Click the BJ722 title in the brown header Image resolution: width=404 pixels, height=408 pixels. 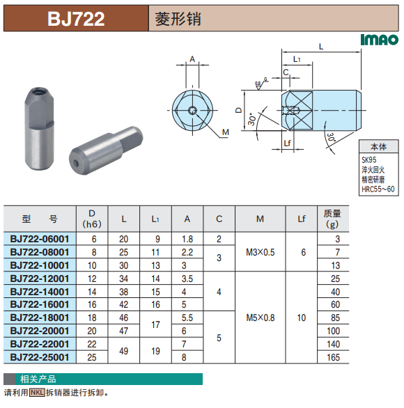click(x=76, y=19)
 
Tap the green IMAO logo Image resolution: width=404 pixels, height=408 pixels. click(x=379, y=40)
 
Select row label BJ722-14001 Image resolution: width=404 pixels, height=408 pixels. click(x=40, y=292)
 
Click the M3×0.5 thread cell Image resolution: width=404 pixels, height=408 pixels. click(x=261, y=252)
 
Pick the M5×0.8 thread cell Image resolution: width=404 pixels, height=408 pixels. click(x=261, y=317)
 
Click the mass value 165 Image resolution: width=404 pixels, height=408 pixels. click(x=334, y=357)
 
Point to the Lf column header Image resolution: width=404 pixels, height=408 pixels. click(x=302, y=219)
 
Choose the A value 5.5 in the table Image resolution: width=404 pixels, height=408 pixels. click(x=187, y=317)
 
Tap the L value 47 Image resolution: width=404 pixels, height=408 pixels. click(x=124, y=331)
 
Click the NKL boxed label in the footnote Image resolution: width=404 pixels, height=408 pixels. click(x=37, y=393)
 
